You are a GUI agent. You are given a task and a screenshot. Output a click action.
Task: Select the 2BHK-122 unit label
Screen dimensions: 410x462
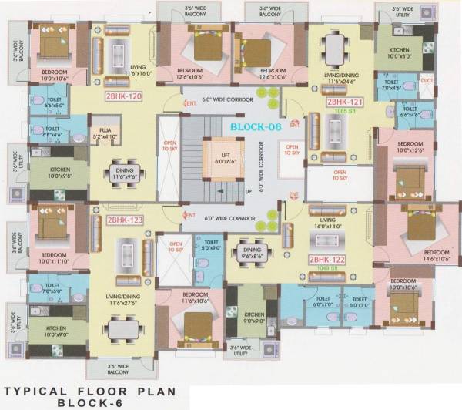326,260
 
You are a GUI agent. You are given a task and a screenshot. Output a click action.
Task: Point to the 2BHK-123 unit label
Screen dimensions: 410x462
125,220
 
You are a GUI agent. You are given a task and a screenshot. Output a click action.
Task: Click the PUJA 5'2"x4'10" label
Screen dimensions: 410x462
101,134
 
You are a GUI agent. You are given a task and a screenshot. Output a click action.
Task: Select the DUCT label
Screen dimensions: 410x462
427,79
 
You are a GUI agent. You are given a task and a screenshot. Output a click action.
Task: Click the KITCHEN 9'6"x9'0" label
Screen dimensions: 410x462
255,318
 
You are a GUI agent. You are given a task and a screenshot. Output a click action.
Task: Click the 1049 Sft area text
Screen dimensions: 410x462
326,270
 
